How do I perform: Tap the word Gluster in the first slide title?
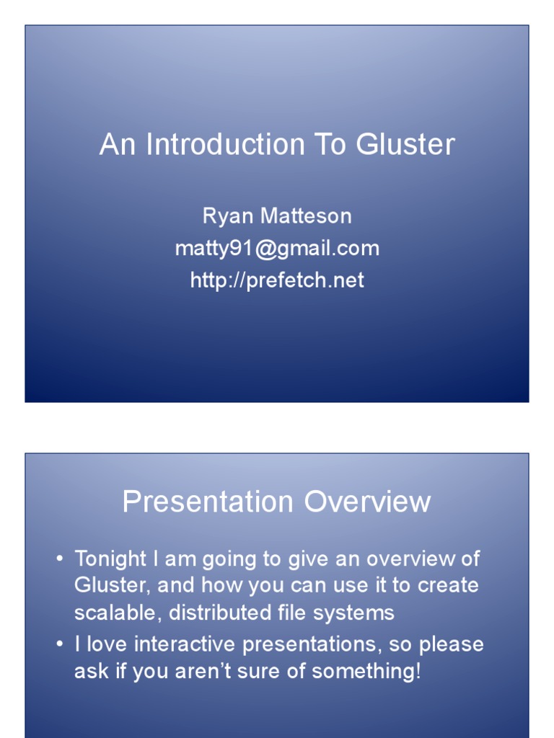click(x=405, y=145)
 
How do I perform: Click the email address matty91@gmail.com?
click(x=277, y=249)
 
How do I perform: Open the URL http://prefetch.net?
click(x=277, y=280)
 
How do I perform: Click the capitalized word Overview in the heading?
click(x=368, y=502)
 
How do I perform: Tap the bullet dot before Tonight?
click(x=60, y=559)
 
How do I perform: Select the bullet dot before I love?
click(x=60, y=644)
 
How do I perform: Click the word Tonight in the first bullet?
click(x=110, y=559)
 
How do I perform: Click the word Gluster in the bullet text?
click(x=110, y=585)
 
